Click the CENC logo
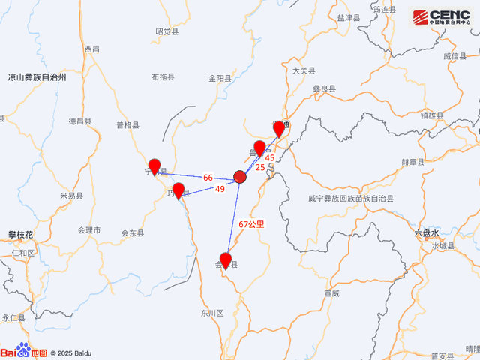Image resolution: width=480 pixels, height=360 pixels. (442, 17)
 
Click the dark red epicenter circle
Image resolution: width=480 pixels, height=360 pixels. (240, 177)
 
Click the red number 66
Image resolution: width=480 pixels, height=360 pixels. (208, 178)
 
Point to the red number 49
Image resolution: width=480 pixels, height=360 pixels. (220, 190)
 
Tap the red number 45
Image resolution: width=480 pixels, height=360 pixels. (270, 157)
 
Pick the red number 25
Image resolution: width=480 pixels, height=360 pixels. (259, 167)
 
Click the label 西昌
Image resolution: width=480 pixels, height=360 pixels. (91, 49)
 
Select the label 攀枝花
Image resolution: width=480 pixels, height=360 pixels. (20, 235)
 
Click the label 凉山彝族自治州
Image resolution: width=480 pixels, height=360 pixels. (37, 77)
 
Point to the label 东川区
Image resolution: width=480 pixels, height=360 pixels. (212, 313)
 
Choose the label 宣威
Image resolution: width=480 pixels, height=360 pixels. (332, 293)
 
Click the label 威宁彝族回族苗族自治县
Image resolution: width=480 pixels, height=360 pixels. (350, 199)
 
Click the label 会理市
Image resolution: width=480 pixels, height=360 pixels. (88, 230)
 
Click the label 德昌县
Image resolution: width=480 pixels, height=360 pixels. (79, 121)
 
